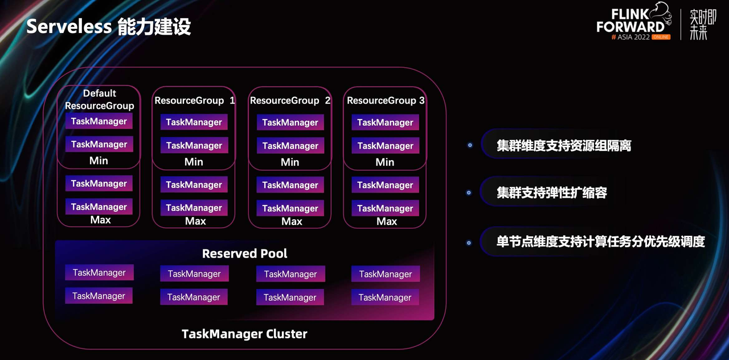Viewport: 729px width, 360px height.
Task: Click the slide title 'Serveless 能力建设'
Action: pyautogui.click(x=108, y=26)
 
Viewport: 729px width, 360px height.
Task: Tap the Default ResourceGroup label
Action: pyautogui.click(x=100, y=99)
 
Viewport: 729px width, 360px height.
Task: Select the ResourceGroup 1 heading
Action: pyautogui.click(x=195, y=101)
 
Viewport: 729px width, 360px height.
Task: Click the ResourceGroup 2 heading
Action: pyautogui.click(x=290, y=101)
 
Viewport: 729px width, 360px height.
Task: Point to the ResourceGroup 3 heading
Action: pyautogui.click(x=386, y=101)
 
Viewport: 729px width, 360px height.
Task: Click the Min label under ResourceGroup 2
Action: pyautogui.click(x=290, y=162)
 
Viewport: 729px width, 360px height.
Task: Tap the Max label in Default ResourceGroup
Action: pyautogui.click(x=101, y=220)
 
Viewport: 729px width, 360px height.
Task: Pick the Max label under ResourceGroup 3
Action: pyautogui.click(x=387, y=222)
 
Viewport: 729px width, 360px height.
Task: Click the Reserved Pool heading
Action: pyautogui.click(x=245, y=253)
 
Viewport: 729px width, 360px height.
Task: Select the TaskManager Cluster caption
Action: pyautogui.click(x=244, y=334)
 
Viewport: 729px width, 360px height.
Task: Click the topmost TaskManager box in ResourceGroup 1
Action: pyautogui.click(x=194, y=122)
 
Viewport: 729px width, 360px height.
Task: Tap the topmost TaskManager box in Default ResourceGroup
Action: pyautogui.click(x=99, y=121)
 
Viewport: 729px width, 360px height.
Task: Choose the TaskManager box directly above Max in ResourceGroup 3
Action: pyautogui.click(x=386, y=208)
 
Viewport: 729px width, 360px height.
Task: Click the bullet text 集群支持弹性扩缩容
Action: pyautogui.click(x=552, y=193)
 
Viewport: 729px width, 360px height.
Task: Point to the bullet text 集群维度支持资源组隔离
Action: pyautogui.click(x=564, y=145)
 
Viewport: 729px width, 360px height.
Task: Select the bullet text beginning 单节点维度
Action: pyautogui.click(x=601, y=242)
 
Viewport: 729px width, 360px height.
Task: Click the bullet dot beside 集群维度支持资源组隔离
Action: pyautogui.click(x=470, y=145)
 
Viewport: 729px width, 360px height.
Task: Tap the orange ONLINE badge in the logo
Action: pyautogui.click(x=661, y=37)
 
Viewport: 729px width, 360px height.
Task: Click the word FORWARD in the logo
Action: pyautogui.click(x=630, y=27)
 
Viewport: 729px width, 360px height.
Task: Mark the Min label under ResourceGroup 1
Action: pyautogui.click(x=194, y=162)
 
